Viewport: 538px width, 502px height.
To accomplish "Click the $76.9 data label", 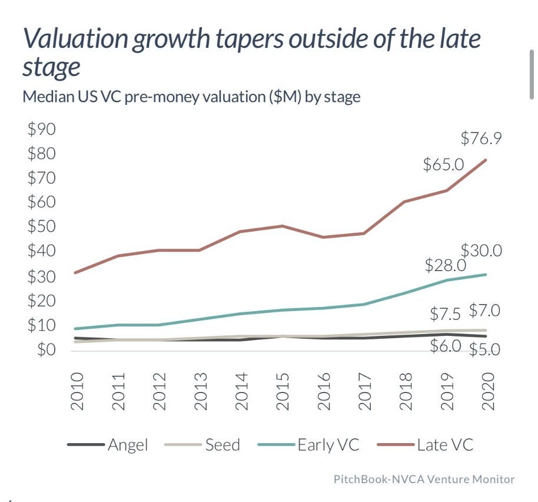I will [481, 139].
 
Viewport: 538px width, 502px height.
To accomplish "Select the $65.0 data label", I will [444, 164].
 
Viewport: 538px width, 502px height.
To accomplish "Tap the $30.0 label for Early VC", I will [481, 250].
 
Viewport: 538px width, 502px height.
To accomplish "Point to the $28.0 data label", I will [446, 265].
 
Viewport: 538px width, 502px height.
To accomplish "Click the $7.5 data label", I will [446, 312].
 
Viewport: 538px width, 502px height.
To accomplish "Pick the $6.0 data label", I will [445, 346].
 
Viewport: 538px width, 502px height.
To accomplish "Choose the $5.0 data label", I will [484, 350].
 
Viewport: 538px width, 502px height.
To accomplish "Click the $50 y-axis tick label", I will [41, 227].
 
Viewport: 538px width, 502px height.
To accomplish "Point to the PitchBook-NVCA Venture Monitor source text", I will [424, 479].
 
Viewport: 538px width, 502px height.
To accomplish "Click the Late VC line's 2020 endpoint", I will [486, 160].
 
